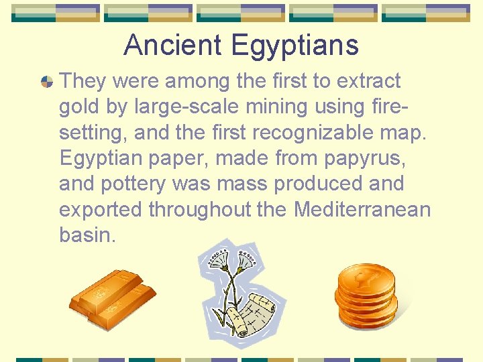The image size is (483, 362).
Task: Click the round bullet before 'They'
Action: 46,82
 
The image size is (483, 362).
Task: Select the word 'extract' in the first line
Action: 368,81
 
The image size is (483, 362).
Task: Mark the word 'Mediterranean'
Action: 362,209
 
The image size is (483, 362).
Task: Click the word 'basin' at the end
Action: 86,235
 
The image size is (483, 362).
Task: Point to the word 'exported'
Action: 101,209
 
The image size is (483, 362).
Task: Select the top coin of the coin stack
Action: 365,276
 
